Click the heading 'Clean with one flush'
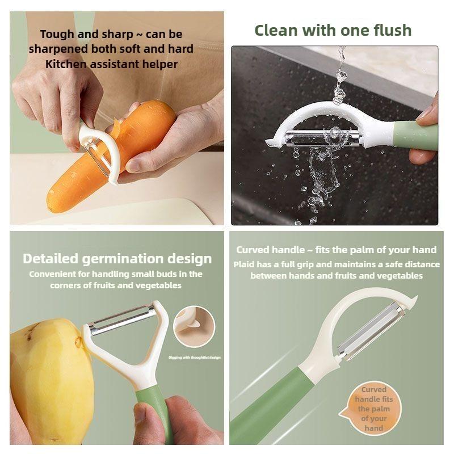coord(333,30)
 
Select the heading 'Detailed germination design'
coord(117,259)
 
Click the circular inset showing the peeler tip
coord(194,326)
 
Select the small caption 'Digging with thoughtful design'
coord(194,358)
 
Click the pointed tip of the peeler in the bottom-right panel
coord(417,297)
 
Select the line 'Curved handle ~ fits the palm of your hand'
coord(336,250)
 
